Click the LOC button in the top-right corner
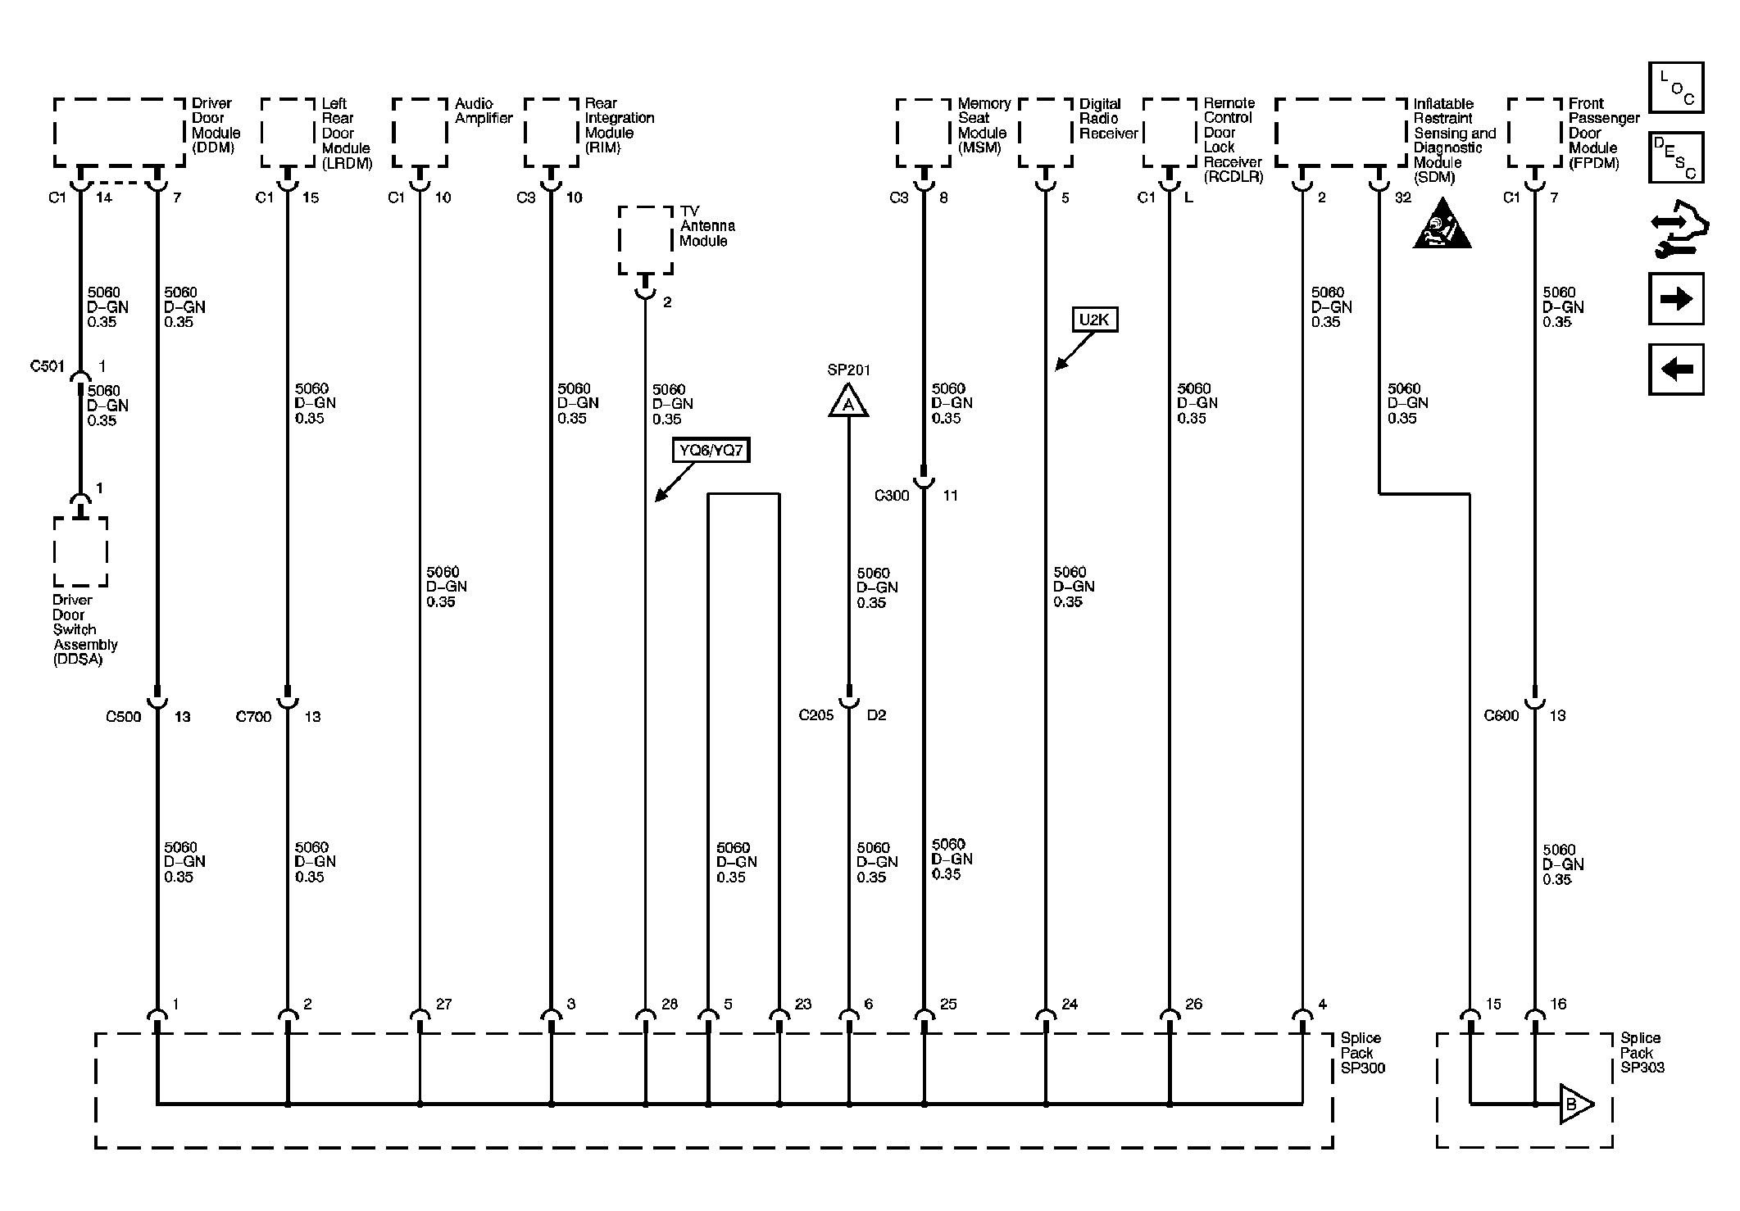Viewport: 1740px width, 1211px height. pyautogui.click(x=1676, y=88)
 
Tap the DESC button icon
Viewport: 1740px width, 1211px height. pyautogui.click(x=1676, y=157)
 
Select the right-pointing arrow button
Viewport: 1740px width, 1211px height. pyautogui.click(x=1676, y=299)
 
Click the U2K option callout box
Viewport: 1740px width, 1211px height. pyautogui.click(x=1094, y=320)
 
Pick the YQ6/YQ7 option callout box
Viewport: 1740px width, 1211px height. pyautogui.click(x=711, y=450)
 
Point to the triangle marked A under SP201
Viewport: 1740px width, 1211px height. pyautogui.click(x=848, y=402)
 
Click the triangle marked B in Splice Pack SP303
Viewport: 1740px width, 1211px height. pyautogui.click(x=1574, y=1104)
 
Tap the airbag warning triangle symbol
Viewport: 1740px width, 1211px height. pyautogui.click(x=1442, y=224)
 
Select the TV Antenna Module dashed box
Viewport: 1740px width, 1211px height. pyautogui.click(x=645, y=240)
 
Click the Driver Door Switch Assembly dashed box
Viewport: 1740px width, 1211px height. pyautogui.click(x=80, y=551)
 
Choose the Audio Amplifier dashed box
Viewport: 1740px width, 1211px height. pyautogui.click(x=420, y=133)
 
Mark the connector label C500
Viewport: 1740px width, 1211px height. pyautogui.click(x=124, y=717)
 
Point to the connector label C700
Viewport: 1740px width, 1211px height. pyautogui.click(x=254, y=717)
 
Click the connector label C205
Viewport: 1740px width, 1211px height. pyautogui.click(x=816, y=715)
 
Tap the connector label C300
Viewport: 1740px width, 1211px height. pyautogui.click(x=892, y=496)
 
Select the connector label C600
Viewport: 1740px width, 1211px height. pyautogui.click(x=1501, y=715)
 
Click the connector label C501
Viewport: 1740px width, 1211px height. pyautogui.click(x=48, y=366)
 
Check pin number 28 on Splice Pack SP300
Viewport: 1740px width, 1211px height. pyautogui.click(x=670, y=1004)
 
